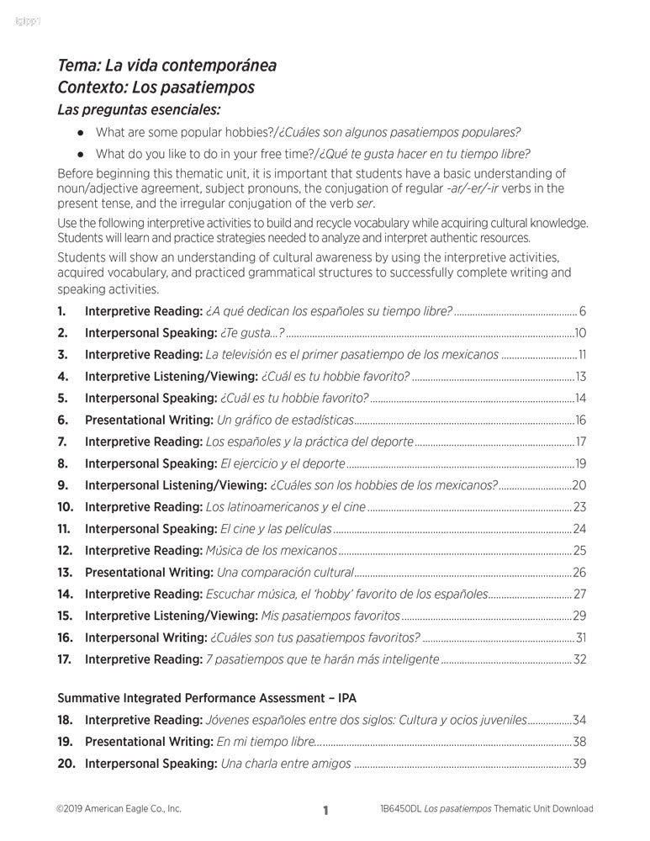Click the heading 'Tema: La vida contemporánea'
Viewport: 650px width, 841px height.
pos(166,66)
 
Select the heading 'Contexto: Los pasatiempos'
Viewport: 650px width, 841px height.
pos(156,87)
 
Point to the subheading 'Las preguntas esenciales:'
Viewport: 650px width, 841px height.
pos(139,109)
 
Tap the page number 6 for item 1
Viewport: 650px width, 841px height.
pos(582,311)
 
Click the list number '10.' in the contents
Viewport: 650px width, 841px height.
pos(66,507)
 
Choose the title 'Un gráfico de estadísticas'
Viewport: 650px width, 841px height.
pos(285,420)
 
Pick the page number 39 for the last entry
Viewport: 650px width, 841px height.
pos(579,764)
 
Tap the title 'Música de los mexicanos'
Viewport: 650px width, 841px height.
pos(271,551)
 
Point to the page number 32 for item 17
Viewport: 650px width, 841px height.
pos(579,659)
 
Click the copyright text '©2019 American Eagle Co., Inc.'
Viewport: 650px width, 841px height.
pos(119,809)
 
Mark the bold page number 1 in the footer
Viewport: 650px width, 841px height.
pos(325,811)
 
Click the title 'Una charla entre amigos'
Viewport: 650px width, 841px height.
pos(286,764)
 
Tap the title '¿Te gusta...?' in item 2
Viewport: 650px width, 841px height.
pos(251,333)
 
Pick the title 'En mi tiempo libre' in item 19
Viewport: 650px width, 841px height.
pos(266,742)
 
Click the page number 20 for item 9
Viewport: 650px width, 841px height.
pos(579,485)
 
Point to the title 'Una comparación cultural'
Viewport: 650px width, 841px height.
pos(285,573)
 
